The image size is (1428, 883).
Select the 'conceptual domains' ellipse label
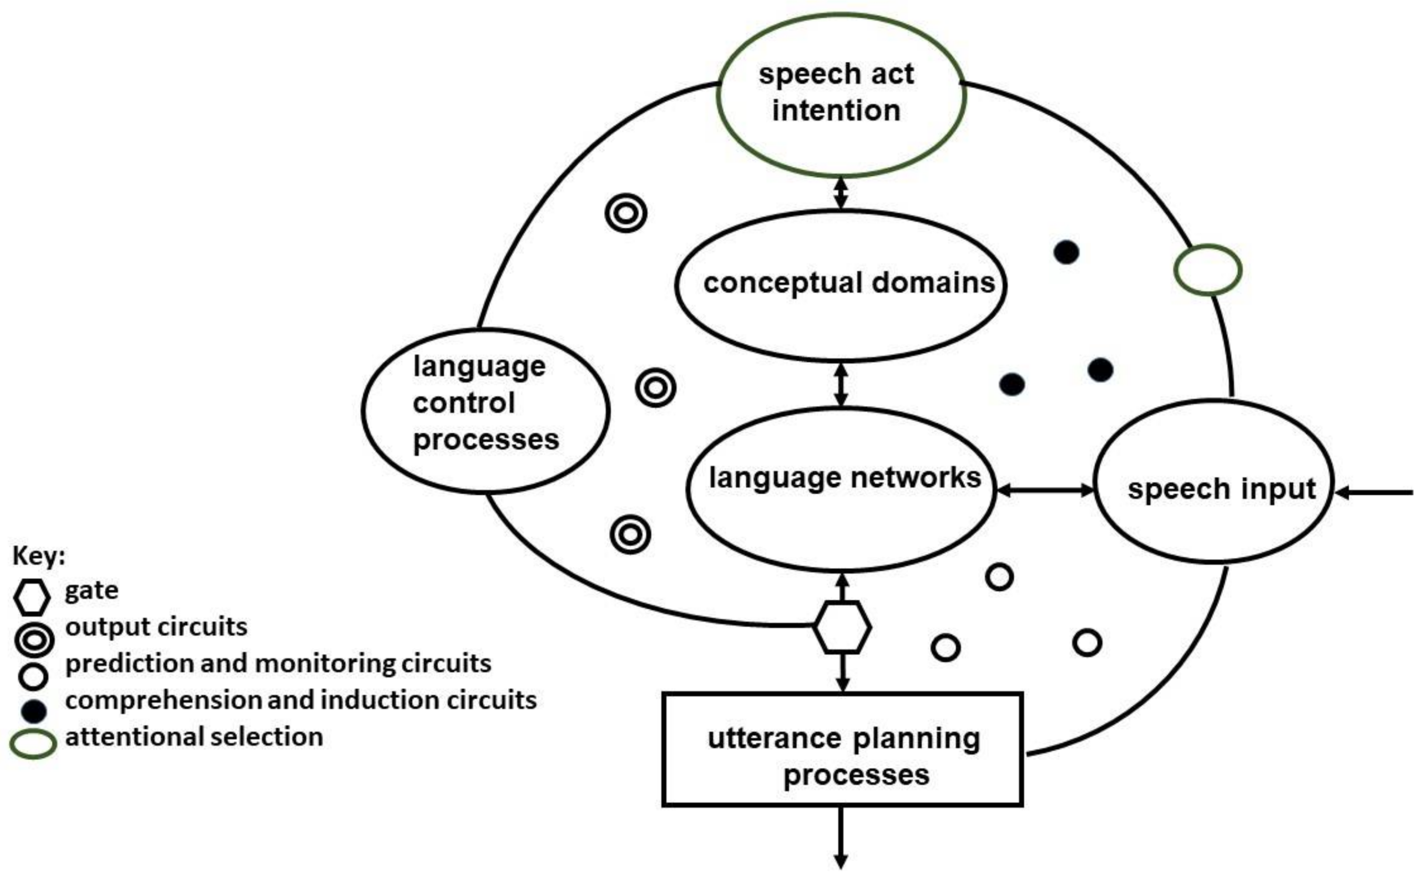[x=848, y=283]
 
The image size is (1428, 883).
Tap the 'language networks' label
[x=844, y=478]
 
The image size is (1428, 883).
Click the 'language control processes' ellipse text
[x=484, y=403]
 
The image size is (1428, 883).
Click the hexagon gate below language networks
[x=842, y=627]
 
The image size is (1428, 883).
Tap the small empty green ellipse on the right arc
[x=1207, y=270]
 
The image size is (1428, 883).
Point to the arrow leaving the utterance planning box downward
[x=841, y=841]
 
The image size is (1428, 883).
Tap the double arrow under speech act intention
[x=841, y=193]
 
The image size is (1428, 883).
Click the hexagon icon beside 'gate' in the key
[x=31, y=597]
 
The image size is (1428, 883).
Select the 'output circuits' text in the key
[x=156, y=626]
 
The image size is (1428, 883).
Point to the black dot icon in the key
[x=33, y=711]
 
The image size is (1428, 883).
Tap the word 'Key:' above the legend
[x=38, y=556]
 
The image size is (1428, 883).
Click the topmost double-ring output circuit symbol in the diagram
[x=626, y=213]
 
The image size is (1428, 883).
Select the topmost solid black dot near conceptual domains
[x=1066, y=252]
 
